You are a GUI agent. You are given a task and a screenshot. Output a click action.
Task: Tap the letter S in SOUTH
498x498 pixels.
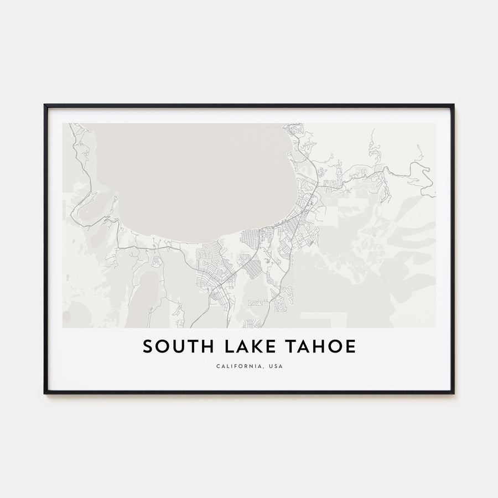coord(148,347)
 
